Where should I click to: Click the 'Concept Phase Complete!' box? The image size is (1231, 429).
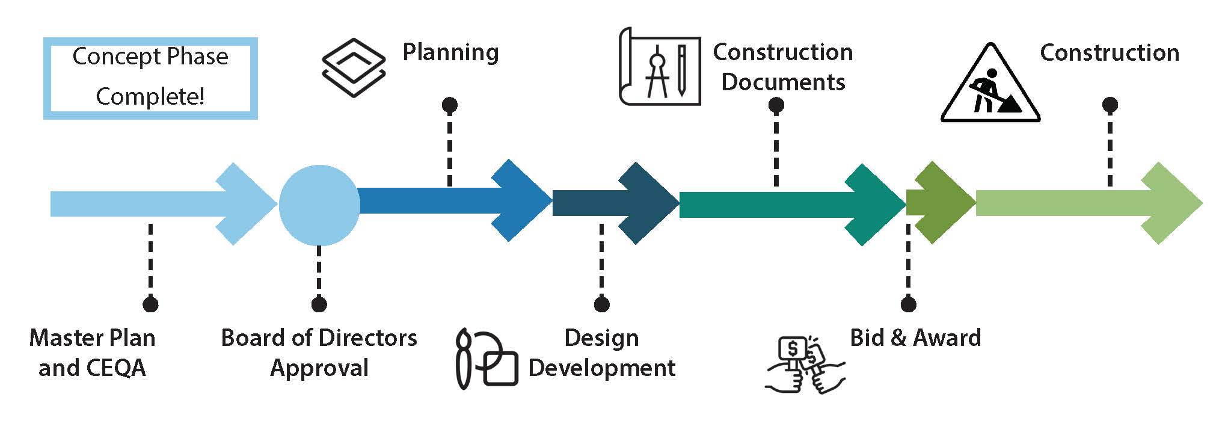150,78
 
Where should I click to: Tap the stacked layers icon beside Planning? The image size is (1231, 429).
354,68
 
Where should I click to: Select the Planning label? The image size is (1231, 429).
450,52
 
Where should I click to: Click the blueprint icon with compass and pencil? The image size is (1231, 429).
660,67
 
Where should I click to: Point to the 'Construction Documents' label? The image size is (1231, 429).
782,67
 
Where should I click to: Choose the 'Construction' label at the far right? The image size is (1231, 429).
1109,53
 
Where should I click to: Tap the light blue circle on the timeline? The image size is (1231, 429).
319,205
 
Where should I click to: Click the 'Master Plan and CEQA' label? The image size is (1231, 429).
92,353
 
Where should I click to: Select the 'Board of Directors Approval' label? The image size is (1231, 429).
319,353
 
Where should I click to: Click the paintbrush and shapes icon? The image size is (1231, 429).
486,359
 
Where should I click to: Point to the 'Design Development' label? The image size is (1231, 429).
601,353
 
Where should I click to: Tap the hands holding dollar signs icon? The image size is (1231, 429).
805,365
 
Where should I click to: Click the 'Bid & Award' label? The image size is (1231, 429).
915,338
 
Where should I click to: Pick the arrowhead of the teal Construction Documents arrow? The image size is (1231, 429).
875,204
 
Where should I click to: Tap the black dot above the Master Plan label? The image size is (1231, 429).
150,304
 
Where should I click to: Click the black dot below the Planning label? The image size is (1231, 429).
449,105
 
